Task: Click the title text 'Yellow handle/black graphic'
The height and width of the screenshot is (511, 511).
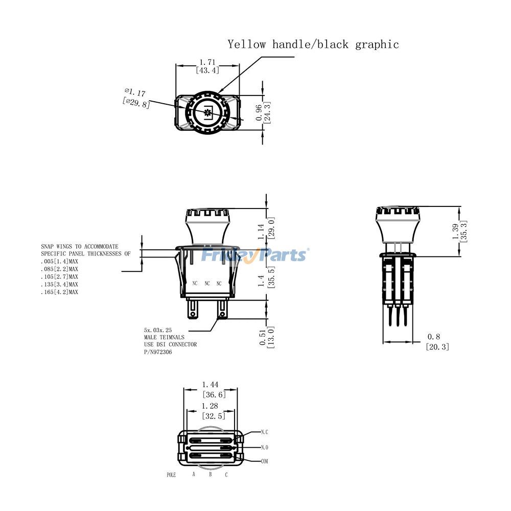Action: tap(313, 44)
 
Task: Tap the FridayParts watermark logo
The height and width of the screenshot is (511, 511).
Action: tap(254, 254)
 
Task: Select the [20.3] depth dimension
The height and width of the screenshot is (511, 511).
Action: tap(437, 346)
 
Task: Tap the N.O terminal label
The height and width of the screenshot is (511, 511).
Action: tap(264, 447)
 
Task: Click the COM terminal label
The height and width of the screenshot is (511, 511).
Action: tap(264, 461)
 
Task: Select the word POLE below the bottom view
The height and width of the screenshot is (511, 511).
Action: tap(172, 475)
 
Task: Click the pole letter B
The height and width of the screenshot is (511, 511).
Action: tap(210, 475)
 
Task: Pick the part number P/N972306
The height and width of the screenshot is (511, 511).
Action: tap(158, 352)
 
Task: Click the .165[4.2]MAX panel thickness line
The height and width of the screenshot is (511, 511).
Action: tap(60, 292)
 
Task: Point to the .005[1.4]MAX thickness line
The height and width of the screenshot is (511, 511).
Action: tap(60, 261)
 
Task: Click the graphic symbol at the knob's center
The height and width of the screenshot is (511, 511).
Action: tap(207, 113)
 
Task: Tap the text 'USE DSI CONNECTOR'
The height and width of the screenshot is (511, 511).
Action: tap(170, 344)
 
